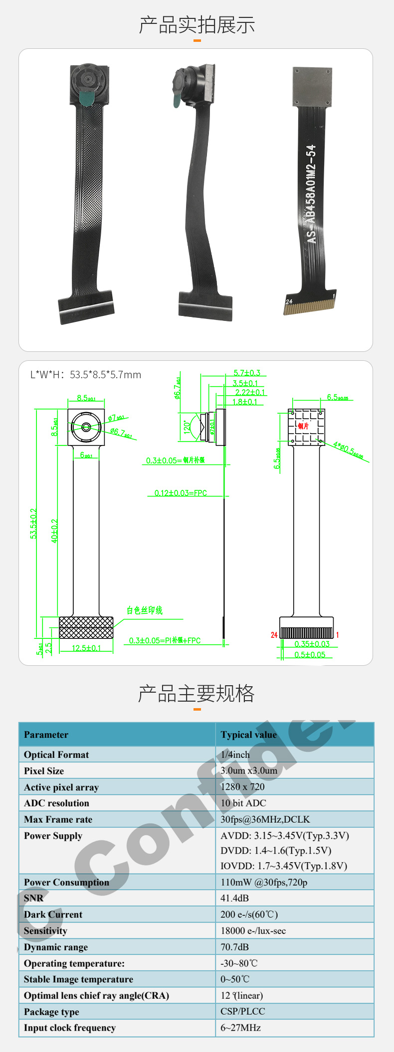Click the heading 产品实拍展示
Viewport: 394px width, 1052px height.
197,25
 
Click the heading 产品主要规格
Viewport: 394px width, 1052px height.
197,693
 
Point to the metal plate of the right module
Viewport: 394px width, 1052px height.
312,86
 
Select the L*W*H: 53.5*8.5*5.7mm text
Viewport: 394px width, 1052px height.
86,375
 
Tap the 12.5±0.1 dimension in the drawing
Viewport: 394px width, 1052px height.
86,648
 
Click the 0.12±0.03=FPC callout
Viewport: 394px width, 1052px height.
181,493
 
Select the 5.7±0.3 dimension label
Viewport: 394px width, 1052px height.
247,373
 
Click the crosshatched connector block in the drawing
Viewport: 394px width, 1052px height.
86,627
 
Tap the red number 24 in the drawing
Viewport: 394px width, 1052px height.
274,635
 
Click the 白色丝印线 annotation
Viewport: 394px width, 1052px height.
145,610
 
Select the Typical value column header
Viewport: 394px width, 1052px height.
248,735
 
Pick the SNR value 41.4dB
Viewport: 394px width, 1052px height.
235,898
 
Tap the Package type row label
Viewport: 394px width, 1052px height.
51,1012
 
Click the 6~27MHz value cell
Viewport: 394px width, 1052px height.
241,1028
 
